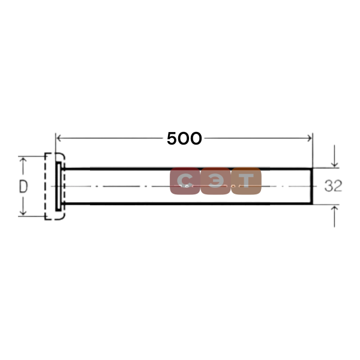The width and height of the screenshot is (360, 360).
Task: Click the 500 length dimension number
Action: [x=184, y=139]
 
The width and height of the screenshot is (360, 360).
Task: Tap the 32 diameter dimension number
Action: [x=333, y=186]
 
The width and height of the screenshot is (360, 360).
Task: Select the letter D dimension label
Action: [x=23, y=186]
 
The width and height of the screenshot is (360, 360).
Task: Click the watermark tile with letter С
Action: [x=185, y=181]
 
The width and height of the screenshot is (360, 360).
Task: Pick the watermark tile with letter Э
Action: [x=215, y=181]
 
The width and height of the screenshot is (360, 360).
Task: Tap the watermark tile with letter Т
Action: [x=246, y=181]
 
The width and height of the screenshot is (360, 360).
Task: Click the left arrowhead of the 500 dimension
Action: [x=59, y=138]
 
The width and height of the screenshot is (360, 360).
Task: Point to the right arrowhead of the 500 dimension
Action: [x=310, y=138]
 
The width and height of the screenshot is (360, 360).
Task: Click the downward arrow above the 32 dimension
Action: [x=335, y=156]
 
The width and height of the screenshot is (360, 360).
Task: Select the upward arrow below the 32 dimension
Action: [x=335, y=217]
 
